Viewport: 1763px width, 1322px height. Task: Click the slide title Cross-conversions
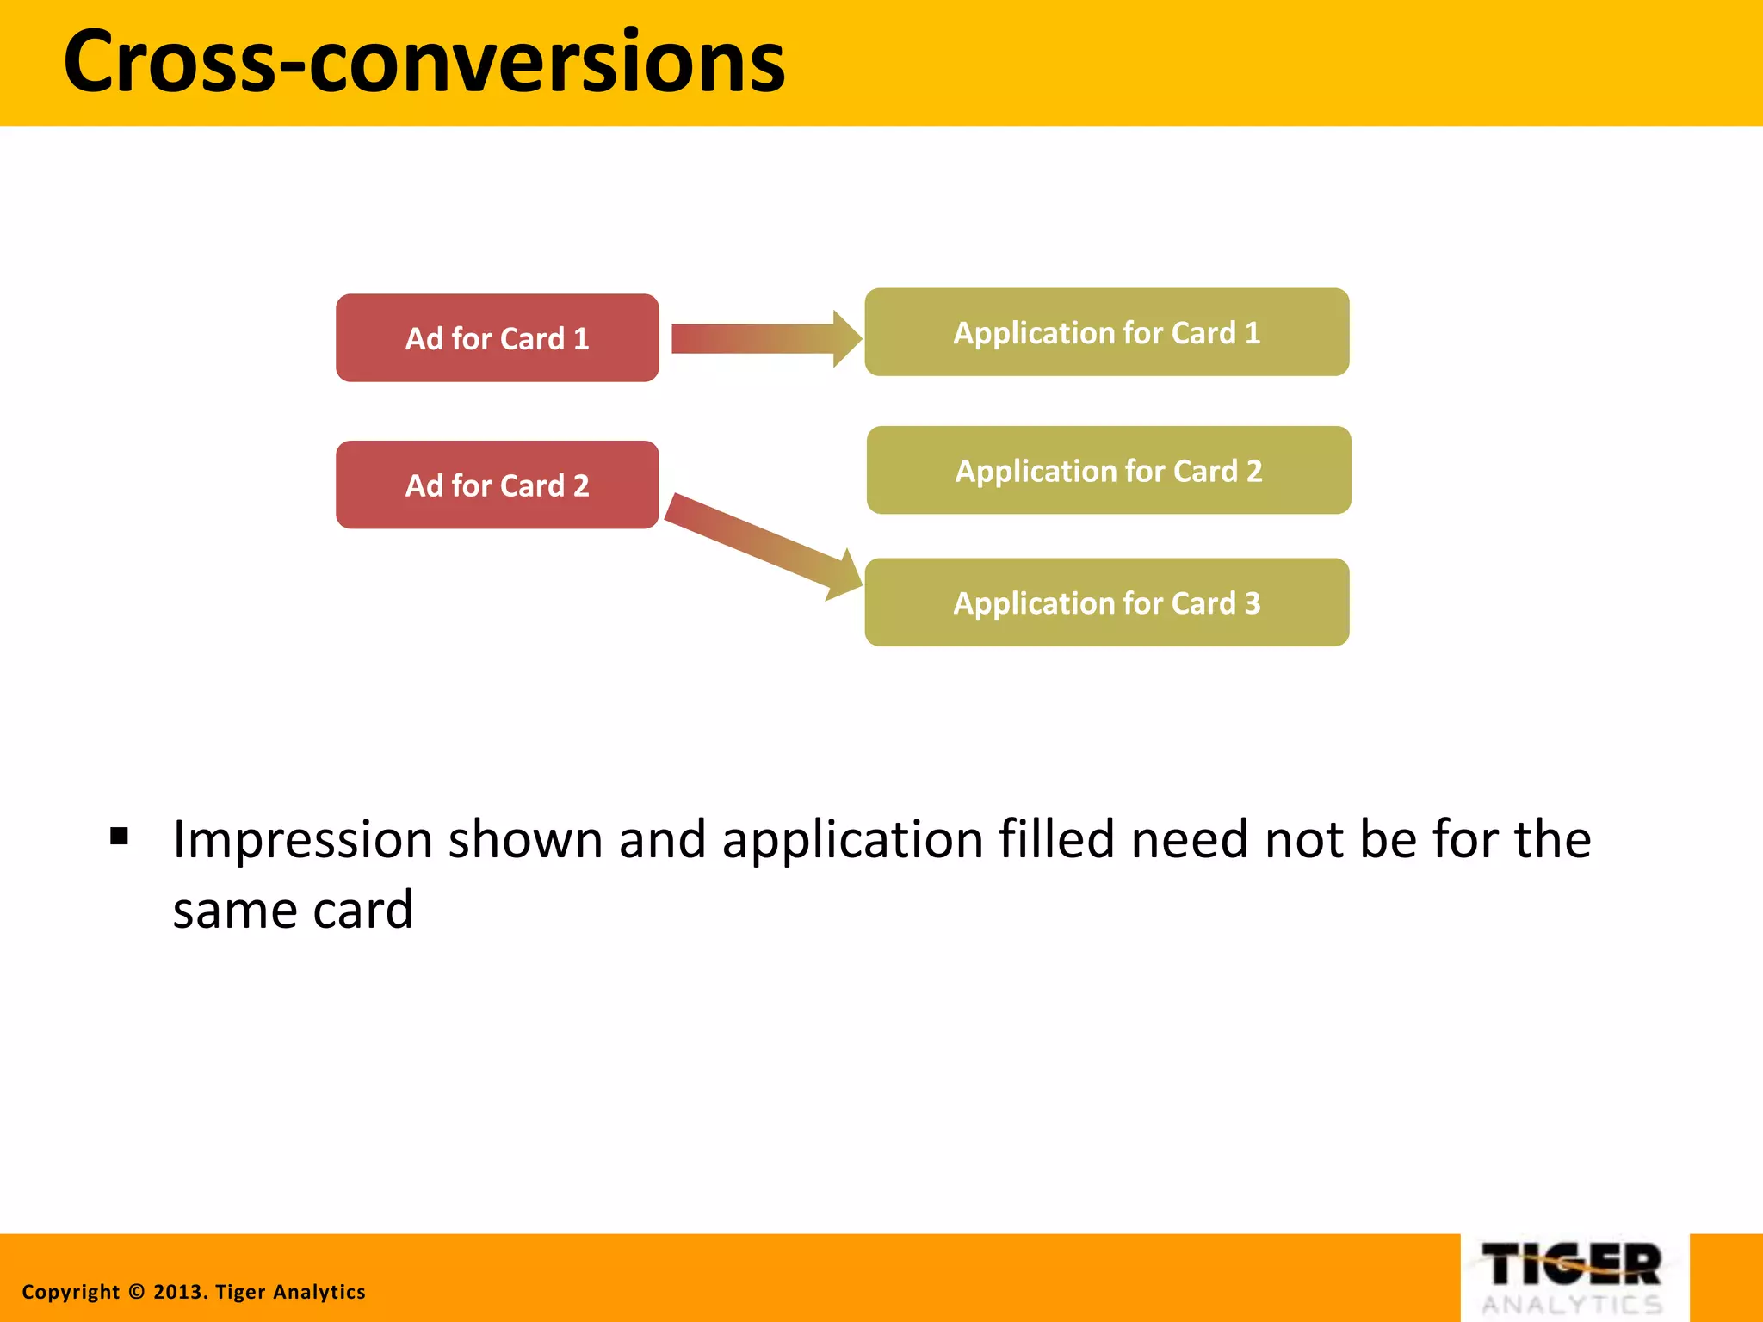(x=424, y=62)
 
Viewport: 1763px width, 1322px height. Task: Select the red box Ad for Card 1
(x=497, y=338)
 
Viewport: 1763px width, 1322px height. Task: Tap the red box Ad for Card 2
(x=497, y=485)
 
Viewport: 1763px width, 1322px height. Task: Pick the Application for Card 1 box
(x=1106, y=332)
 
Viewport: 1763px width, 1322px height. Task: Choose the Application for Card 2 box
(x=1108, y=470)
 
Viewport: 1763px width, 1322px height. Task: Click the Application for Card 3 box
(x=1106, y=602)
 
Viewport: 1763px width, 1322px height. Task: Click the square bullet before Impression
(x=120, y=836)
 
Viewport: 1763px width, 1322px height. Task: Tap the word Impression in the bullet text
(x=302, y=840)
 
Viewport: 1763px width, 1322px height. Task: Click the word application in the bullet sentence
(x=852, y=840)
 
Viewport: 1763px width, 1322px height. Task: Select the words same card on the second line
(x=293, y=911)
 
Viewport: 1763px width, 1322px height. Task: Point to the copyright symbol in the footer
(x=137, y=1292)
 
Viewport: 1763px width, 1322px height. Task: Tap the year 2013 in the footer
(x=178, y=1292)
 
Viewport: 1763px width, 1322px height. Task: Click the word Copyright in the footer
(x=71, y=1292)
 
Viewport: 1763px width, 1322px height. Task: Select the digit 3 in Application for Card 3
(x=1253, y=602)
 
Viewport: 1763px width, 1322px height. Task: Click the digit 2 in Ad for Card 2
(x=581, y=485)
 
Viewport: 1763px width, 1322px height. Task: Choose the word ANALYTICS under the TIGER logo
(x=1572, y=1305)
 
